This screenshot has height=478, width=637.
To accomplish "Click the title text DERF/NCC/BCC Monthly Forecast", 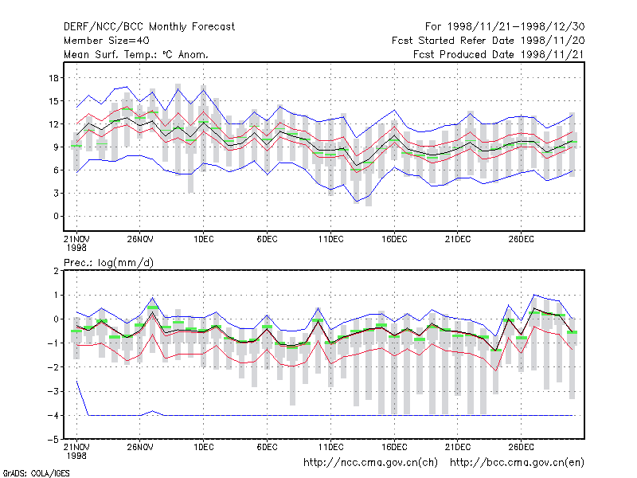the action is click(149, 27).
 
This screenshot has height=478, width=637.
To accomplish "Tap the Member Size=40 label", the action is click(107, 41).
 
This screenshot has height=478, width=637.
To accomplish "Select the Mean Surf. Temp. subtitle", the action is click(136, 54).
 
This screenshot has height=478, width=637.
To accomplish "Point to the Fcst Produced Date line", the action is click(499, 54).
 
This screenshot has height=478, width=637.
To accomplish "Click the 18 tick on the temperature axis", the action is click(53, 77).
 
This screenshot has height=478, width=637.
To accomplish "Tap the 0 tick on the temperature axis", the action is click(56, 216).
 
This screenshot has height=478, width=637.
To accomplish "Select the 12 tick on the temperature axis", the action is click(53, 124).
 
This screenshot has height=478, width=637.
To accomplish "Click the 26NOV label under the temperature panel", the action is click(140, 239).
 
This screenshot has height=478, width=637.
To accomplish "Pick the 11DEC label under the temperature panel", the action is click(330, 239).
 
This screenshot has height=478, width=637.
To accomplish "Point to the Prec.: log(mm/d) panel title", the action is click(108, 263).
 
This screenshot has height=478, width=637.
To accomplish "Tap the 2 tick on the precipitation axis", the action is click(56, 271).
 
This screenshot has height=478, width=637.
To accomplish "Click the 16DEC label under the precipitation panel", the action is click(394, 447).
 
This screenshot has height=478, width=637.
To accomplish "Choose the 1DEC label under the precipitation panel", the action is click(204, 447).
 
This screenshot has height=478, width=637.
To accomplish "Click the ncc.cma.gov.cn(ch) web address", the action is click(370, 463).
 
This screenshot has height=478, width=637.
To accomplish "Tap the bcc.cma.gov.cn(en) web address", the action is click(517, 463).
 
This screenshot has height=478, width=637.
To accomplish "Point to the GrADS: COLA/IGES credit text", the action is click(36, 473).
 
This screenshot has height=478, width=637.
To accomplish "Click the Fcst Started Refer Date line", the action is click(488, 41).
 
